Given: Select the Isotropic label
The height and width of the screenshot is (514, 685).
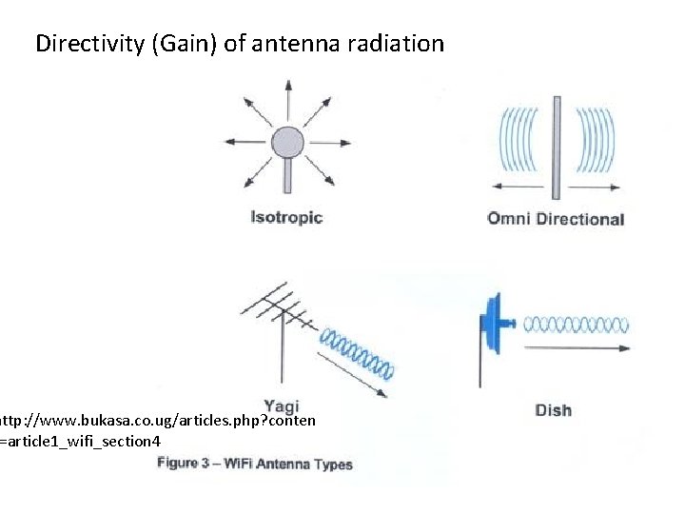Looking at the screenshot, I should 286,217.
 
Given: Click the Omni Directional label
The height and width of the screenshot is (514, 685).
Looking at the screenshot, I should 555,219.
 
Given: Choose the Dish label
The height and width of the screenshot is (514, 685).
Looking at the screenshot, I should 553,410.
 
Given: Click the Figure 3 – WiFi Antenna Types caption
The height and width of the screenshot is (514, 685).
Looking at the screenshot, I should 255,465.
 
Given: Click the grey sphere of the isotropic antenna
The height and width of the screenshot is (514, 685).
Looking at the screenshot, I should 286,143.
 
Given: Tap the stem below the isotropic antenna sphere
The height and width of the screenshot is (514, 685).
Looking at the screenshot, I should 286,176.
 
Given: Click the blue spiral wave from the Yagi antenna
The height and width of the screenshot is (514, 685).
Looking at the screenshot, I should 357,351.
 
